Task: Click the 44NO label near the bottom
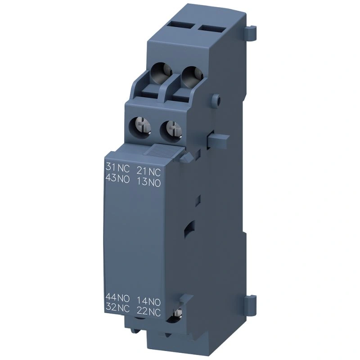point(117,298)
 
